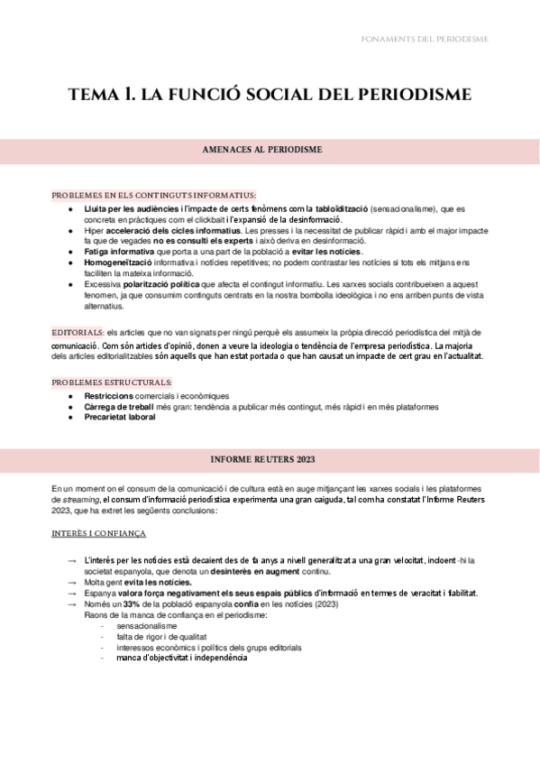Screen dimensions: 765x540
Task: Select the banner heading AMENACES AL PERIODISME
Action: click(x=262, y=150)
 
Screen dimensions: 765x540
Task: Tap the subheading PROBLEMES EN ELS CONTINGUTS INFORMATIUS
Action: click(x=154, y=195)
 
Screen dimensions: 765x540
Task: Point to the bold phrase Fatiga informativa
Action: click(x=119, y=252)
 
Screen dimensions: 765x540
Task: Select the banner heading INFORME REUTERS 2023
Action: click(x=262, y=460)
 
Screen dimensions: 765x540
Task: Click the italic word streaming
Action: click(x=77, y=499)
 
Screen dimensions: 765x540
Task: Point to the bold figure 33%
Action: click(x=132, y=604)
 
